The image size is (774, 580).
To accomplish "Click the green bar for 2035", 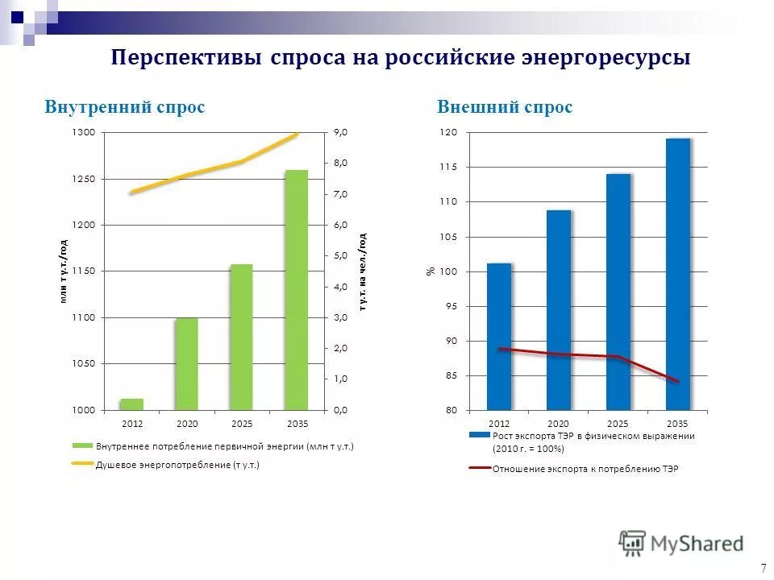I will (297, 290).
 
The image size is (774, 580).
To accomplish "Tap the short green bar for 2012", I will (131, 404).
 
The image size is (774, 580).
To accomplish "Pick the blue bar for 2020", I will (558, 310).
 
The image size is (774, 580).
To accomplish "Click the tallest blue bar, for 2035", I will (677, 274).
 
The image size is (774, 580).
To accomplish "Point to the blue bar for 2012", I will (499, 337).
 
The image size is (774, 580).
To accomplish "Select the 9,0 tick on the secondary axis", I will (340, 132).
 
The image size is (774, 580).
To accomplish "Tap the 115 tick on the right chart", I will (448, 167).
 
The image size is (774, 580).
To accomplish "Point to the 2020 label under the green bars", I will (187, 424).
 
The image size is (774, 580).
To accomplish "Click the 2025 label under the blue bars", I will (618, 424).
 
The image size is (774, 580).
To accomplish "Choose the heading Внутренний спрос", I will (124, 107).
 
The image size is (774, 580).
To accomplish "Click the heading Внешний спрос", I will (505, 107).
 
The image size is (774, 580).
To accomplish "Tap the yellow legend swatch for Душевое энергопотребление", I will (83, 464).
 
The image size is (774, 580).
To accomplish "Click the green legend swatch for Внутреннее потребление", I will (83, 445).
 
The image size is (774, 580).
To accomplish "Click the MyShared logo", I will (681, 542).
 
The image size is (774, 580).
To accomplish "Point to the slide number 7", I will (763, 567).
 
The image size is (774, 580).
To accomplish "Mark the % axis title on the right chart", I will (430, 271).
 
